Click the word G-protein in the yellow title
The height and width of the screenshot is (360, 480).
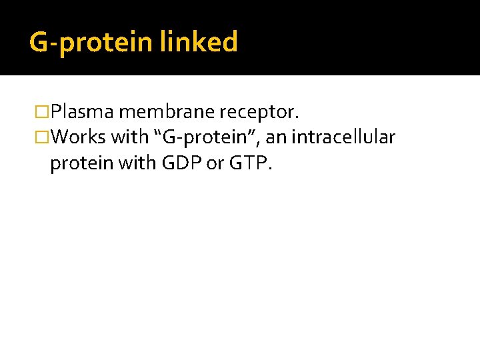click(91, 43)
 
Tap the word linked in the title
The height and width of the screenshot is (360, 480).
click(199, 42)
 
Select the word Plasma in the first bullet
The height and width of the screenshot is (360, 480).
click(83, 109)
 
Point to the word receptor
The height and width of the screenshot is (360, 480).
click(261, 109)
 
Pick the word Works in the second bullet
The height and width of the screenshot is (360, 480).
click(78, 137)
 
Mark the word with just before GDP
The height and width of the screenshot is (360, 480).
click(139, 164)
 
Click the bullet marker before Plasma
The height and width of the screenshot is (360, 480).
click(43, 110)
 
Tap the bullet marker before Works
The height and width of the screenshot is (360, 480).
click(43, 138)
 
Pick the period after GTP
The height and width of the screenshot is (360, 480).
click(269, 169)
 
